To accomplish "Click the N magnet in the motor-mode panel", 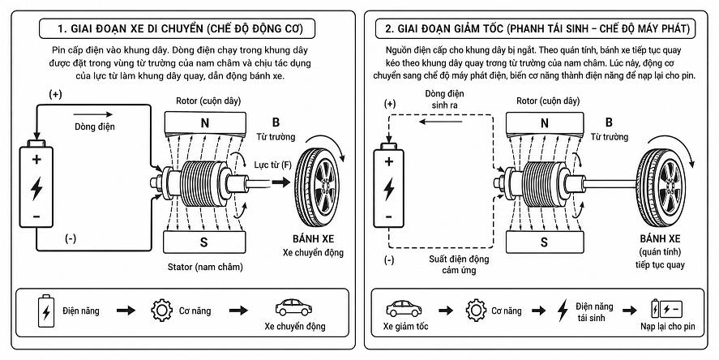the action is click(204, 122).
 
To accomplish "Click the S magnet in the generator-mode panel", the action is click(544, 242).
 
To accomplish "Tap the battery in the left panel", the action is click(36, 183).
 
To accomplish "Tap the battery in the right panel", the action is click(388, 186).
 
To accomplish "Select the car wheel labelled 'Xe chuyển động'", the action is click(317, 186).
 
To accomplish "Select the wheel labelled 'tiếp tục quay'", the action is click(661, 187).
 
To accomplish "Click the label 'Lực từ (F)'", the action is click(273, 165).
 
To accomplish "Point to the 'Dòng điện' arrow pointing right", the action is click(92, 114).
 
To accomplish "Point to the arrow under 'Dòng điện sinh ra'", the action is click(441, 122).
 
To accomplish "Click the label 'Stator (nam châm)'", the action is click(205, 267).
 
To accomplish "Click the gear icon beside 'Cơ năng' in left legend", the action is click(162, 311).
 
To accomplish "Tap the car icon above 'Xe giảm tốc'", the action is click(404, 309).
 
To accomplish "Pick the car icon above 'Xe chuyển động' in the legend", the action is click(293, 307).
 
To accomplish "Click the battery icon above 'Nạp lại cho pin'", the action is click(667, 309).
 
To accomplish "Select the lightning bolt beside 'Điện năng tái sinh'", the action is click(563, 310).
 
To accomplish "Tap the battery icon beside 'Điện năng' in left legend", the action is click(46, 311).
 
